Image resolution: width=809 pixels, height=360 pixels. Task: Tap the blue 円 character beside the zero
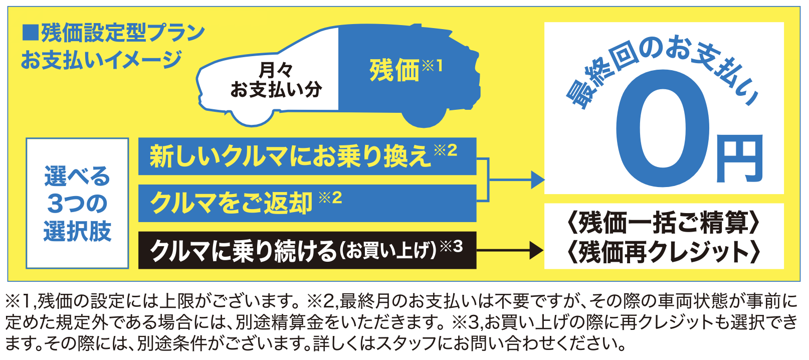(739, 158)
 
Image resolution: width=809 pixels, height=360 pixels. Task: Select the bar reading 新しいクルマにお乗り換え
(307, 156)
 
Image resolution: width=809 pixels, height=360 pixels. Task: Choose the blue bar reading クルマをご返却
(307, 203)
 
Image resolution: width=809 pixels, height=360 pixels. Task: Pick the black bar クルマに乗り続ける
(307, 250)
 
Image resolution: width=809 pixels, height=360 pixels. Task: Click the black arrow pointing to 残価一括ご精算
(510, 250)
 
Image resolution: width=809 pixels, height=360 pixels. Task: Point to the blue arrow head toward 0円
(538, 179)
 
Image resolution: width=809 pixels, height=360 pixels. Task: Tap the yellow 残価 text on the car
(394, 71)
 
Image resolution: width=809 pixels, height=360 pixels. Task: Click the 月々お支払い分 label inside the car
(276, 80)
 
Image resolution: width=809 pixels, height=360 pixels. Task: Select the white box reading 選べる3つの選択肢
(77, 203)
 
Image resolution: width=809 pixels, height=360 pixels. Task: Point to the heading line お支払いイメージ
(101, 60)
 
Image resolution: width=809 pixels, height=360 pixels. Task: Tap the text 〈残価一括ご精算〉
(664, 223)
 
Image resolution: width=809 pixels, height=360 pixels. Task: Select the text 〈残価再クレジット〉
(664, 251)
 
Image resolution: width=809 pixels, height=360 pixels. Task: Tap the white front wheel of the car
(252, 116)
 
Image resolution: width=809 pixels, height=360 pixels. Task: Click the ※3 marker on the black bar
(452, 247)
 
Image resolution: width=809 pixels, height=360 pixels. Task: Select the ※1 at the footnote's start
(19, 301)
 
